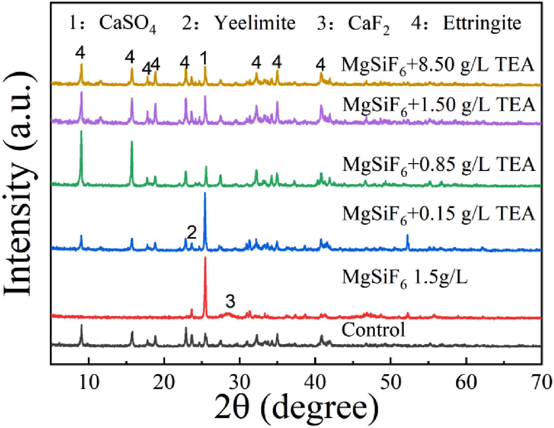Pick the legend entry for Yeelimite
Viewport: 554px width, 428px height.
pyautogui.click(x=239, y=23)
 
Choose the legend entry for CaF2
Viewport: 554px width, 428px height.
pyautogui.click(x=353, y=24)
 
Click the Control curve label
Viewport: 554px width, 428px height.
pyautogui.click(x=373, y=330)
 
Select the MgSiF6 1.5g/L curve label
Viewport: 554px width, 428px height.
pyautogui.click(x=405, y=278)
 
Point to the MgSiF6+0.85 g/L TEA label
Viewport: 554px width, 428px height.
pyautogui.click(x=439, y=165)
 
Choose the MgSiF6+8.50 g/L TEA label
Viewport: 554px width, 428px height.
pyautogui.click(x=438, y=65)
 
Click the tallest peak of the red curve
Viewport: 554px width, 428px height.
pyautogui.click(x=205, y=258)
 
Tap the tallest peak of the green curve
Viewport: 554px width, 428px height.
pyautogui.click(x=81, y=131)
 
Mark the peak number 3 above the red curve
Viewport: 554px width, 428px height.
pyautogui.click(x=230, y=301)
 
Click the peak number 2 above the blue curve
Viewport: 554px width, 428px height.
pyautogui.click(x=192, y=232)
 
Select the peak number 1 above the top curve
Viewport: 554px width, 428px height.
pyautogui.click(x=204, y=58)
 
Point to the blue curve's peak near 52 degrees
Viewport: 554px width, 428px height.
pyautogui.click(x=408, y=235)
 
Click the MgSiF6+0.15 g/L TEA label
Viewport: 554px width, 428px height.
pyautogui.click(x=439, y=214)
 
